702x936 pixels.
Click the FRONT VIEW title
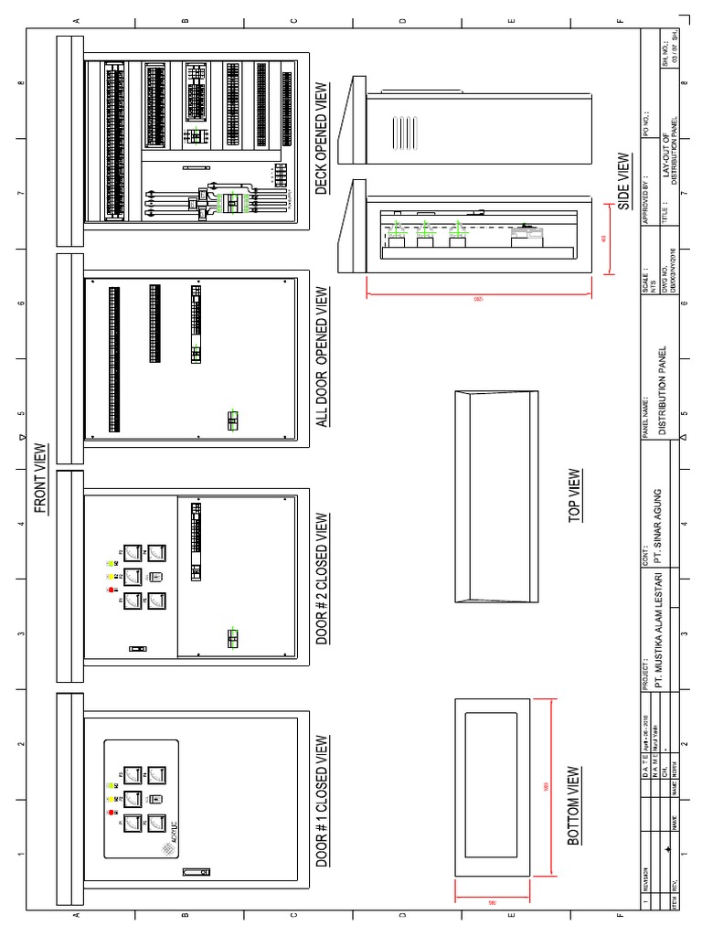[41, 479]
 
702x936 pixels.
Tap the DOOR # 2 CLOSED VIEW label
[322, 578]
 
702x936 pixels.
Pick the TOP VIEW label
[574, 495]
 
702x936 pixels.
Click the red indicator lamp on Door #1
[112, 812]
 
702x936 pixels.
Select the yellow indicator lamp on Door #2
[112, 577]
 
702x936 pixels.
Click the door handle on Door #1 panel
[196, 871]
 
